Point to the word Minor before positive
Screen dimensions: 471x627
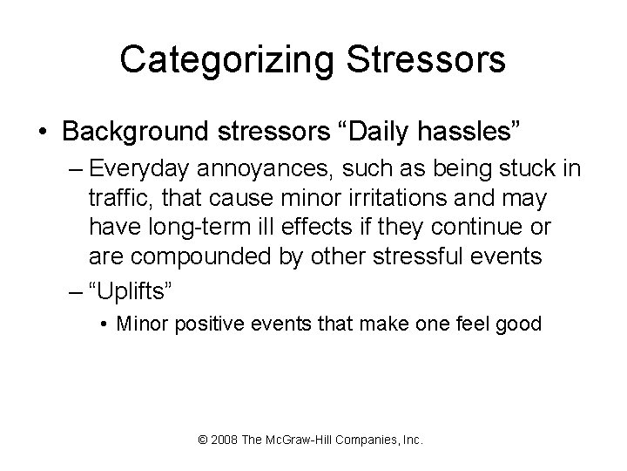click(142, 324)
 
